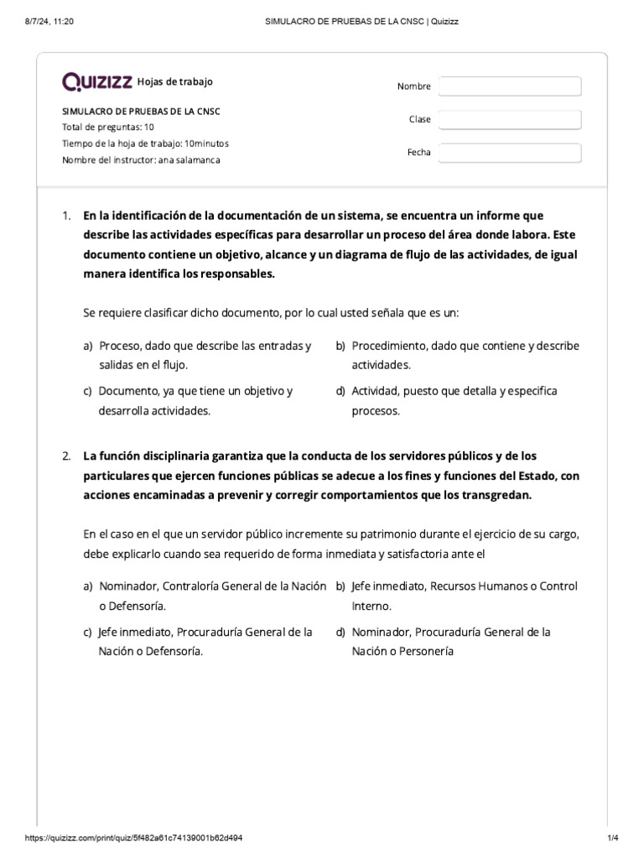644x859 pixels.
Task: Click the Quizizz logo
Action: [97, 81]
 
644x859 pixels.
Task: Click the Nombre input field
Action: [510, 86]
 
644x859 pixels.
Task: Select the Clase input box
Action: [510, 120]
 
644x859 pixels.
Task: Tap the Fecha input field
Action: [510, 153]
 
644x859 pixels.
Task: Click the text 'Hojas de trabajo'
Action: [174, 81]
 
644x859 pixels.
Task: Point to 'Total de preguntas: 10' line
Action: [108, 128]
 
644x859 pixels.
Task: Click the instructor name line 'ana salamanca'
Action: [142, 159]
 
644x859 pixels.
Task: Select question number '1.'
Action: [67, 216]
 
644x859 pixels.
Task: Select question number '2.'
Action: [67, 456]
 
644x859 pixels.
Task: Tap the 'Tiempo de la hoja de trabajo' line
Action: [145, 143]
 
